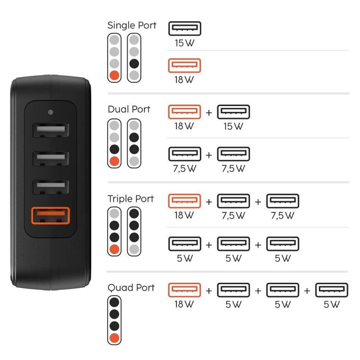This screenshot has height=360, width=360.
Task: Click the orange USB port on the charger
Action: click(x=50, y=216)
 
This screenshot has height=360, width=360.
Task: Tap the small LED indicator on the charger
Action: click(x=50, y=113)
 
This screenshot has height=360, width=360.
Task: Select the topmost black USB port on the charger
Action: click(x=50, y=131)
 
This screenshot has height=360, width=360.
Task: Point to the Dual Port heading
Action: click(x=129, y=109)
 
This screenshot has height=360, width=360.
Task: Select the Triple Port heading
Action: click(x=131, y=198)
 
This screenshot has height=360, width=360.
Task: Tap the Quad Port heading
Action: click(x=131, y=288)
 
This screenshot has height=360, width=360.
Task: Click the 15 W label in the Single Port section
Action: click(x=184, y=43)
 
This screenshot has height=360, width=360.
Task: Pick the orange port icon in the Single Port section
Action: click(x=184, y=65)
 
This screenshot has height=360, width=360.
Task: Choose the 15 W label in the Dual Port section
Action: click(x=233, y=126)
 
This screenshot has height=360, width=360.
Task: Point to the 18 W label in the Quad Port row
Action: click(x=184, y=304)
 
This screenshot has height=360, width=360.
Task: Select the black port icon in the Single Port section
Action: click(x=184, y=28)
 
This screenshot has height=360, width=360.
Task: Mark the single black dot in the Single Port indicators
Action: click(x=134, y=63)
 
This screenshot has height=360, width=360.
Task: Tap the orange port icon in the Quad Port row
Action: click(x=184, y=290)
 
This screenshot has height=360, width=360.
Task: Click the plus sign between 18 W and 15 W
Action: click(x=209, y=113)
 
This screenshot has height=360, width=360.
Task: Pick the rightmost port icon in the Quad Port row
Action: click(x=332, y=290)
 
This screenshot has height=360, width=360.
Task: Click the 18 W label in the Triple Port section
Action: click(x=184, y=216)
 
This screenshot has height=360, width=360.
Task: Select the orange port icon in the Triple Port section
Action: click(x=184, y=201)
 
